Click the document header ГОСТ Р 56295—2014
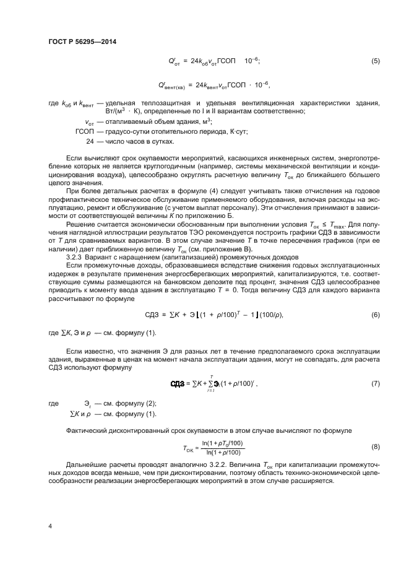click(82, 42)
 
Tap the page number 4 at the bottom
click(50, 526)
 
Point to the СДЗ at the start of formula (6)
click(152, 315)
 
